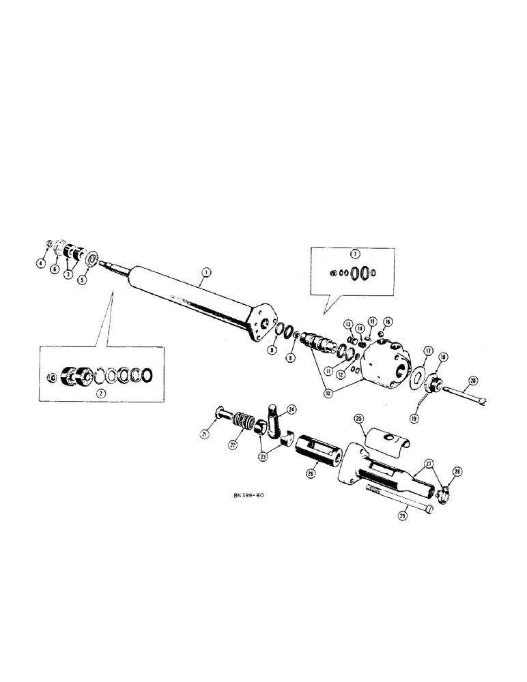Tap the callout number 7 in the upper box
tap(354, 254)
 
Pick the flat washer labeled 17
tap(414, 376)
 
